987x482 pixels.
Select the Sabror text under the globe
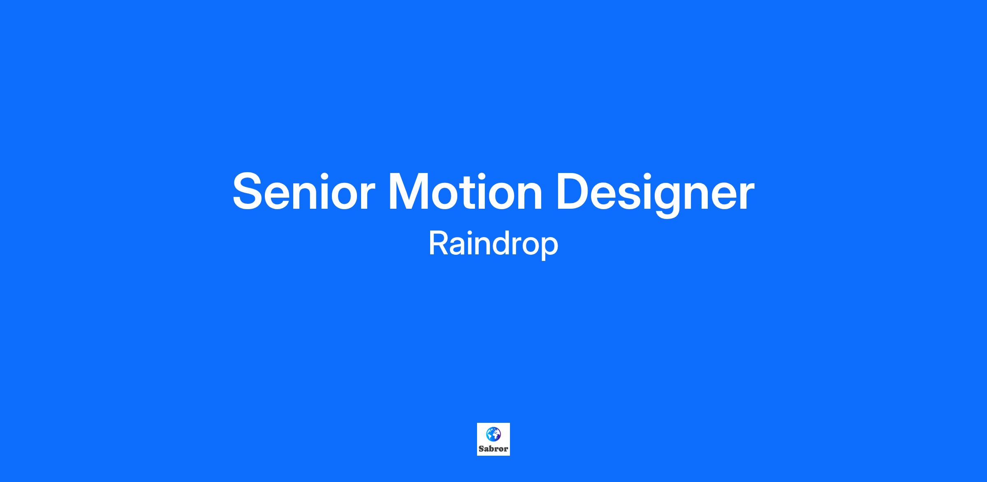click(x=493, y=449)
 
